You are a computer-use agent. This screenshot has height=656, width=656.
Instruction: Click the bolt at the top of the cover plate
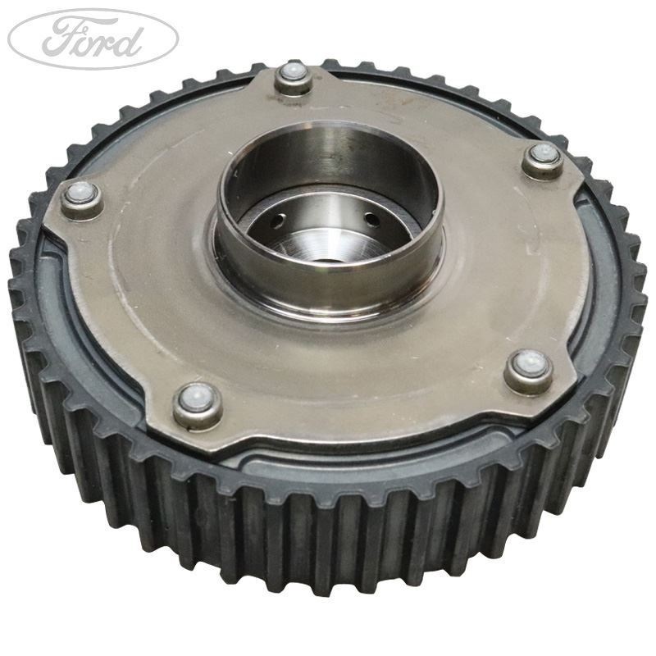pyautogui.click(x=292, y=79)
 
